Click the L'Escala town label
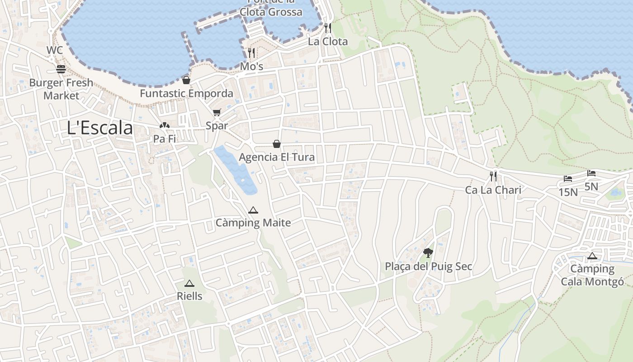click(x=100, y=128)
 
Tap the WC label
click(x=54, y=50)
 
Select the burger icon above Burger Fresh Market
click(x=61, y=69)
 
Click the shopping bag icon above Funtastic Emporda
click(x=186, y=81)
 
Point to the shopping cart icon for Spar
click(x=217, y=112)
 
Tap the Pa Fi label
click(x=165, y=139)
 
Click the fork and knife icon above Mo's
click(x=251, y=53)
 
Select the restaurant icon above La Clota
click(x=328, y=28)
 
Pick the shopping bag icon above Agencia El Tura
click(x=277, y=144)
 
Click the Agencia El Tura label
click(x=277, y=157)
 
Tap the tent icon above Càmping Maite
click(x=253, y=210)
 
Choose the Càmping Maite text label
click(x=253, y=223)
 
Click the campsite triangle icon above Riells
click(x=189, y=284)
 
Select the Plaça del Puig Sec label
click(x=428, y=267)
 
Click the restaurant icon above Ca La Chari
click(x=493, y=176)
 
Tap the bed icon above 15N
click(x=568, y=179)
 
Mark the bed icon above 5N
click(x=591, y=173)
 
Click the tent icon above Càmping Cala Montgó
click(x=592, y=256)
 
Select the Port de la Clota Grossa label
click(x=271, y=8)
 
